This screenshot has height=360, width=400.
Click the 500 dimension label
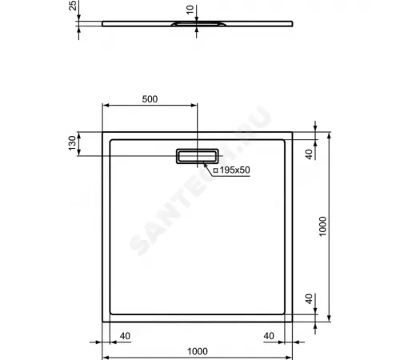(149, 99)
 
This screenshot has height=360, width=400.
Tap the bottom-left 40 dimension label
(125, 336)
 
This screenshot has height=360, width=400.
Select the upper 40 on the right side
(309, 154)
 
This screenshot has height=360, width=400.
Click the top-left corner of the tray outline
(103, 131)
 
